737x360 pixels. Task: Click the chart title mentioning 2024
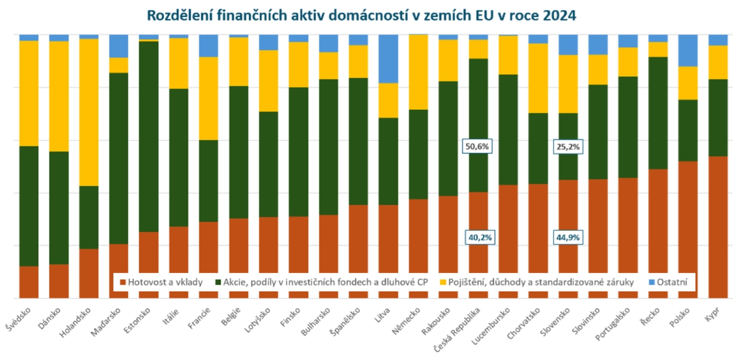point(361,15)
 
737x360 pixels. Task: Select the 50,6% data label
point(477,146)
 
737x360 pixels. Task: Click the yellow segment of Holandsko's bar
point(89,112)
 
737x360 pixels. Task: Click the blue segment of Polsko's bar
point(687,50)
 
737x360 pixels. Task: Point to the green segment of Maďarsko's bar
point(119,158)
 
